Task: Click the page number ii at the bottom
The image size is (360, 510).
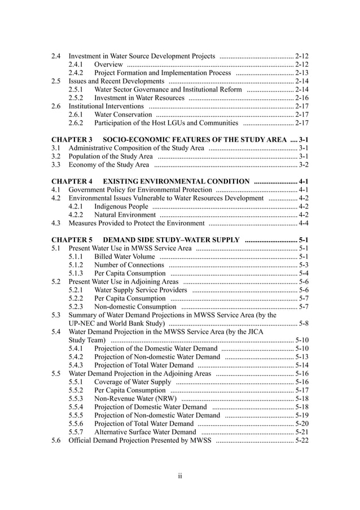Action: pyautogui.click(x=180, y=476)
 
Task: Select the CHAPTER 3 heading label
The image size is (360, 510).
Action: pyautogui.click(x=72, y=139)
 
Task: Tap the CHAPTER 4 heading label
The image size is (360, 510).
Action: pyautogui.click(x=72, y=181)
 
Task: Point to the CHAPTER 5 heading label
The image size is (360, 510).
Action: pyautogui.click(x=72, y=239)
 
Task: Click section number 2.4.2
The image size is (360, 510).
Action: pyautogui.click(x=76, y=73)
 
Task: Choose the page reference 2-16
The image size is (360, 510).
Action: pyautogui.click(x=302, y=98)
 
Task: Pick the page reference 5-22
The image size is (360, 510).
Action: pyautogui.click(x=302, y=441)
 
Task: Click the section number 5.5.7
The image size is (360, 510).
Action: pyautogui.click(x=76, y=432)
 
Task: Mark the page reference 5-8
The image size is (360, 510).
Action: pyautogui.click(x=304, y=323)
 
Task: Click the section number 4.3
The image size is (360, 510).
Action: pyautogui.click(x=56, y=223)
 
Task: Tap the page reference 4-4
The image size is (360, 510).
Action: pyautogui.click(x=304, y=223)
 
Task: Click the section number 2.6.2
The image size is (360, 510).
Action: pyautogui.click(x=76, y=123)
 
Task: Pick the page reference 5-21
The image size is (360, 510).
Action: pyautogui.click(x=302, y=432)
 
